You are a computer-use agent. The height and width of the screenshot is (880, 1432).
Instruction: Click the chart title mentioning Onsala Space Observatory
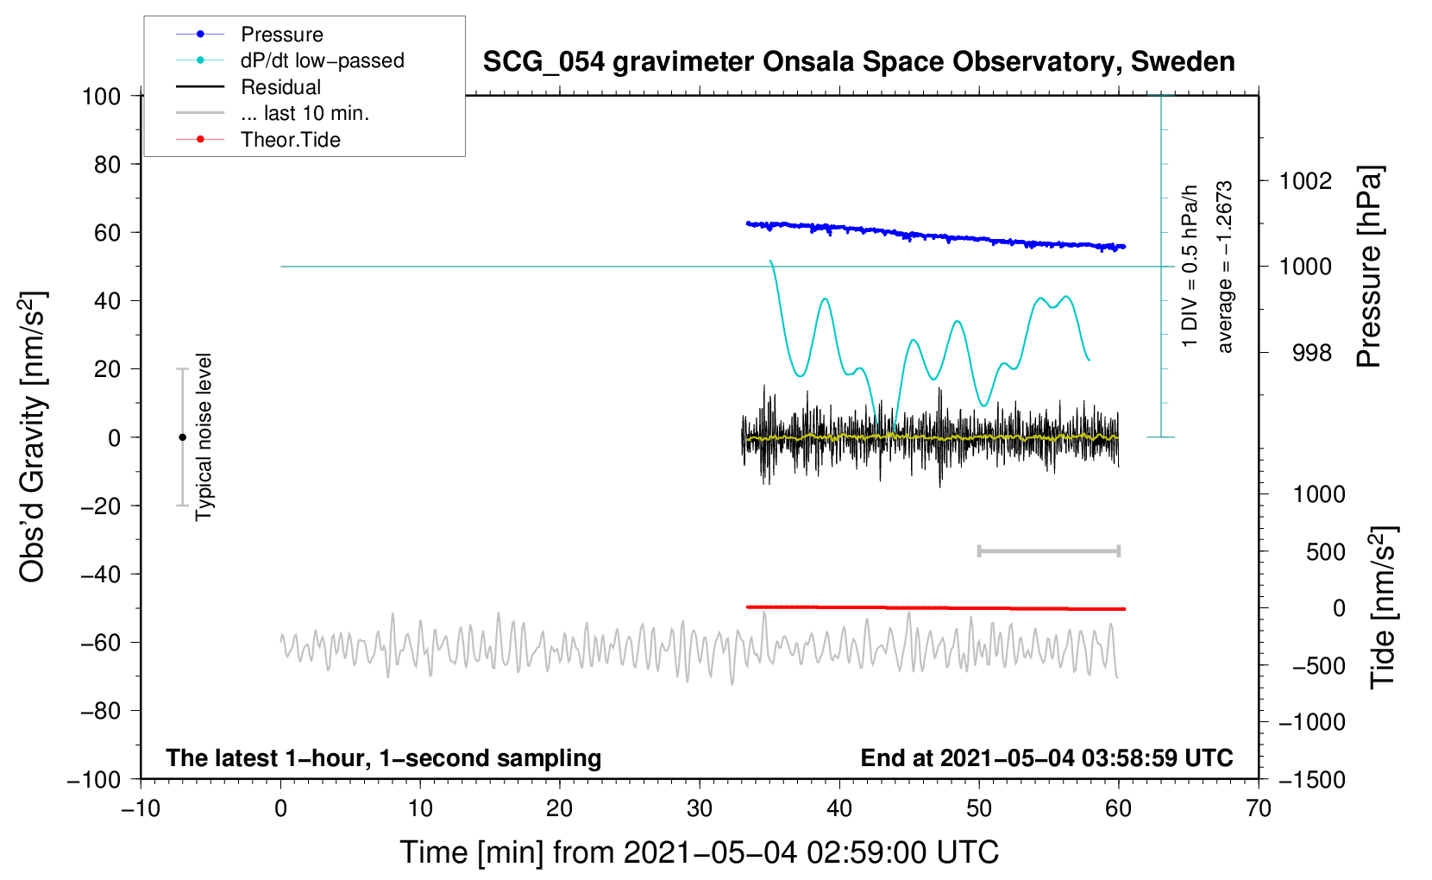pyautogui.click(x=858, y=62)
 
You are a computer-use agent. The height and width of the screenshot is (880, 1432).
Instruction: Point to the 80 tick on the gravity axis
pyautogui.click(x=107, y=165)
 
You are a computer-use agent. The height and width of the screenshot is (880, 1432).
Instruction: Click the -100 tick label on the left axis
pyautogui.click(x=94, y=780)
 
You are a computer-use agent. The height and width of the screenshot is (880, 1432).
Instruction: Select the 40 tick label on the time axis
pyautogui.click(x=839, y=809)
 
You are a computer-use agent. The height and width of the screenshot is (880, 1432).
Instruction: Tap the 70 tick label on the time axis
pyautogui.click(x=1259, y=809)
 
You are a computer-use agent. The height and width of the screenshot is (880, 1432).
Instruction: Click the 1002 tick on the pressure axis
pyautogui.click(x=1305, y=181)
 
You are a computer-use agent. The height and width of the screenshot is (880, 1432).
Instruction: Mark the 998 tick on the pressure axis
pyautogui.click(x=1312, y=352)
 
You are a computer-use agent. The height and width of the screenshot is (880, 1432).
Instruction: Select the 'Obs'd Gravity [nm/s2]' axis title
pyautogui.click(x=32, y=437)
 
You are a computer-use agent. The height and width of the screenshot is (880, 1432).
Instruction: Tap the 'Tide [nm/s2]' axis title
pyautogui.click(x=1383, y=607)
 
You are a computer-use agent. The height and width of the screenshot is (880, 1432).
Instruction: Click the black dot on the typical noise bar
pyautogui.click(x=182, y=437)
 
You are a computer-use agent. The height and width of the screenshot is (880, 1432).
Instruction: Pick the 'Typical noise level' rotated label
pyautogui.click(x=203, y=437)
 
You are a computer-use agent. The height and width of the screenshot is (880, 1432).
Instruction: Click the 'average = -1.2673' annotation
pyautogui.click(x=1223, y=267)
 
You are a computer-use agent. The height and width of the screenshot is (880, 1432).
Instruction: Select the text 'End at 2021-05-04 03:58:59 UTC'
pyautogui.click(x=1046, y=757)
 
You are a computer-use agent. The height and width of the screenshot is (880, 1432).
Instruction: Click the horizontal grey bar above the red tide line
pyautogui.click(x=1049, y=550)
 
